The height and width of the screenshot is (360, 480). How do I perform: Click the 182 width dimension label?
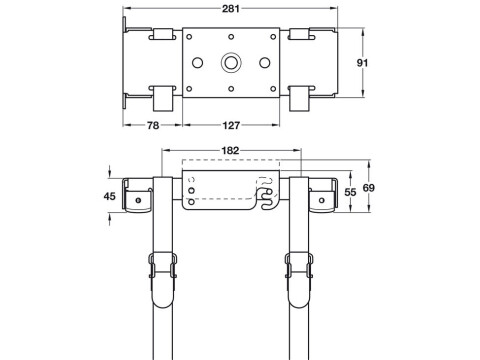pyautogui.click(x=231, y=150)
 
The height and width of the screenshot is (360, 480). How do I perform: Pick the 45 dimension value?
pyautogui.click(x=110, y=197)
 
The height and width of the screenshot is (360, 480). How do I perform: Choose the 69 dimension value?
pyautogui.click(x=371, y=188)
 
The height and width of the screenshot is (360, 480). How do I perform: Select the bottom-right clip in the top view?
pyautogui.click(x=299, y=96)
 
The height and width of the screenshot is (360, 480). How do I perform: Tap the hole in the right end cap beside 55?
pyautogui.click(x=326, y=198)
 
